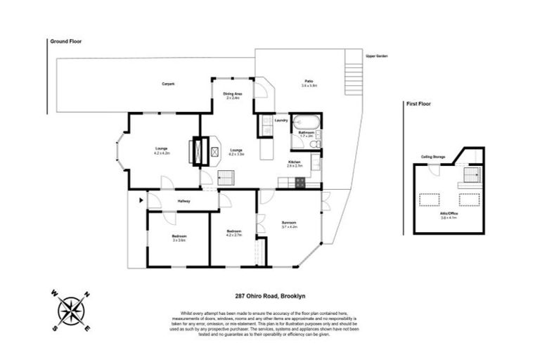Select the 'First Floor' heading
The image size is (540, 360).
click(418, 103)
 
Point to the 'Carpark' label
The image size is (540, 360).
click(168, 84)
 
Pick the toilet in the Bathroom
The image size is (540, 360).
click(316, 143)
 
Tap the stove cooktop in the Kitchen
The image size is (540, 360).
click(300, 183)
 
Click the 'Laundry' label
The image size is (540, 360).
click(281, 121)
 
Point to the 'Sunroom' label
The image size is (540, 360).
click(290, 224)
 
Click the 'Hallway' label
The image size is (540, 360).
click(184, 202)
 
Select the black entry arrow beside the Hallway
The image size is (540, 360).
click(141, 201)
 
